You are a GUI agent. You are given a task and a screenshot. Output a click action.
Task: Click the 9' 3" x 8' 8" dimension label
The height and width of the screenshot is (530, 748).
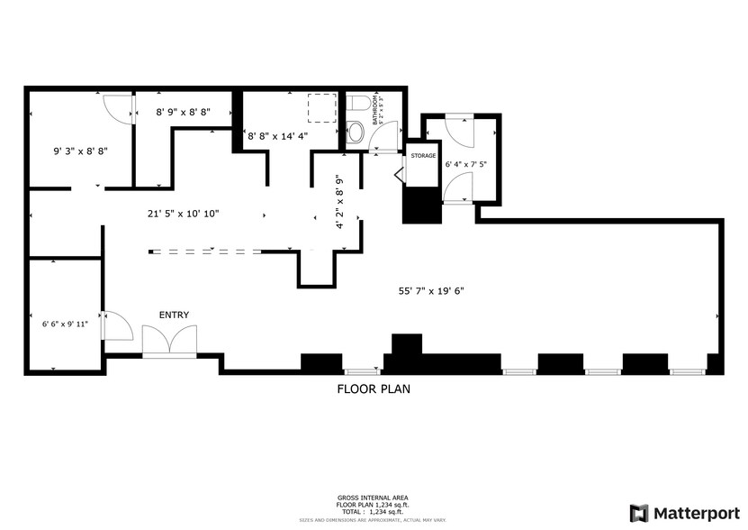click(81, 151)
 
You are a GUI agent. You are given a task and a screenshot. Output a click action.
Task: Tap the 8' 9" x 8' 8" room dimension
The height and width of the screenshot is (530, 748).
click(184, 113)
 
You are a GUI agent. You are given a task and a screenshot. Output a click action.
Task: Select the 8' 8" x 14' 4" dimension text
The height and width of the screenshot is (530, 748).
click(278, 136)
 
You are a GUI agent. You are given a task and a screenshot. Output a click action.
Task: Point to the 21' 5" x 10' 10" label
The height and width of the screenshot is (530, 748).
click(184, 215)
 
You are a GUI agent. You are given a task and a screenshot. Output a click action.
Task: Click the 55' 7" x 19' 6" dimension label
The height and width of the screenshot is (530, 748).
click(431, 290)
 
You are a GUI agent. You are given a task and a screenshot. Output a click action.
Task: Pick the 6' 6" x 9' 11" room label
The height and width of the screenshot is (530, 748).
click(66, 323)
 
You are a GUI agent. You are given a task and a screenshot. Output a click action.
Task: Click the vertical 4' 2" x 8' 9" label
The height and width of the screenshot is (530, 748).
click(340, 202)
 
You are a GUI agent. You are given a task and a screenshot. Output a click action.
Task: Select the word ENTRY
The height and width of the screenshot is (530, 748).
click(174, 315)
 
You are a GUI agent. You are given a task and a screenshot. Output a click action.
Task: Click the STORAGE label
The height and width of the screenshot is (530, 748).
click(423, 156)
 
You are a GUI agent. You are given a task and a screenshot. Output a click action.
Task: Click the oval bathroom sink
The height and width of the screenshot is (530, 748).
click(355, 134)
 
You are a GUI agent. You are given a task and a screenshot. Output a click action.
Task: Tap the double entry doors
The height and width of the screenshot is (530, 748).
click(169, 342)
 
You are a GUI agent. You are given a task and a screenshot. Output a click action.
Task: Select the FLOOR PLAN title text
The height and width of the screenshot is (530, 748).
click(374, 390)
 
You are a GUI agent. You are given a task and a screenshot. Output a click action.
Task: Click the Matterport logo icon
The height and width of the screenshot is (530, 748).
click(639, 513)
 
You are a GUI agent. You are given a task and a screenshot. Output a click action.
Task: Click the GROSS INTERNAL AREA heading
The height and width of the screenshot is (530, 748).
click(374, 498)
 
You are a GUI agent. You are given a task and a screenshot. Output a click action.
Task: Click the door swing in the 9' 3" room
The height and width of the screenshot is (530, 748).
click(117, 109)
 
